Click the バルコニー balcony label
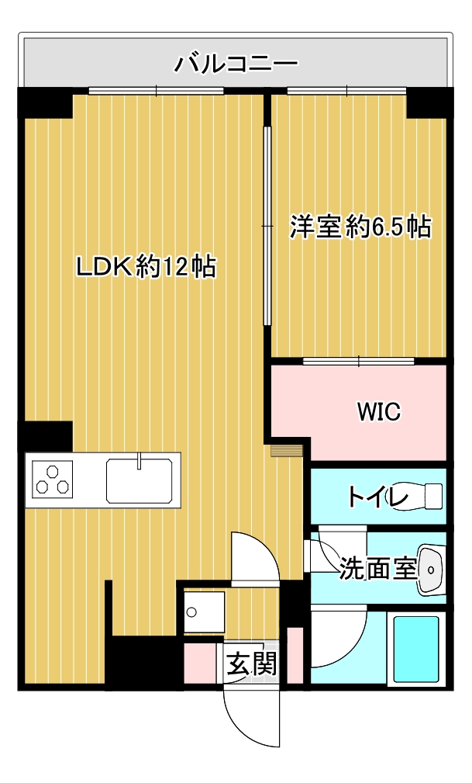[x=236, y=64]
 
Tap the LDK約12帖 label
[x=146, y=267]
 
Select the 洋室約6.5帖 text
[x=360, y=227]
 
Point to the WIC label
[x=379, y=411]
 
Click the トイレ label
[x=377, y=497]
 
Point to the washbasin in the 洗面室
[x=432, y=570]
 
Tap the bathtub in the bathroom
[x=416, y=650]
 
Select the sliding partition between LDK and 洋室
[x=267, y=227]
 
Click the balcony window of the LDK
[x=156, y=91]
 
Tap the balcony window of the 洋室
[x=347, y=91]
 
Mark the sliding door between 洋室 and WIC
[x=359, y=361]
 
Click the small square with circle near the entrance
[x=203, y=612]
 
